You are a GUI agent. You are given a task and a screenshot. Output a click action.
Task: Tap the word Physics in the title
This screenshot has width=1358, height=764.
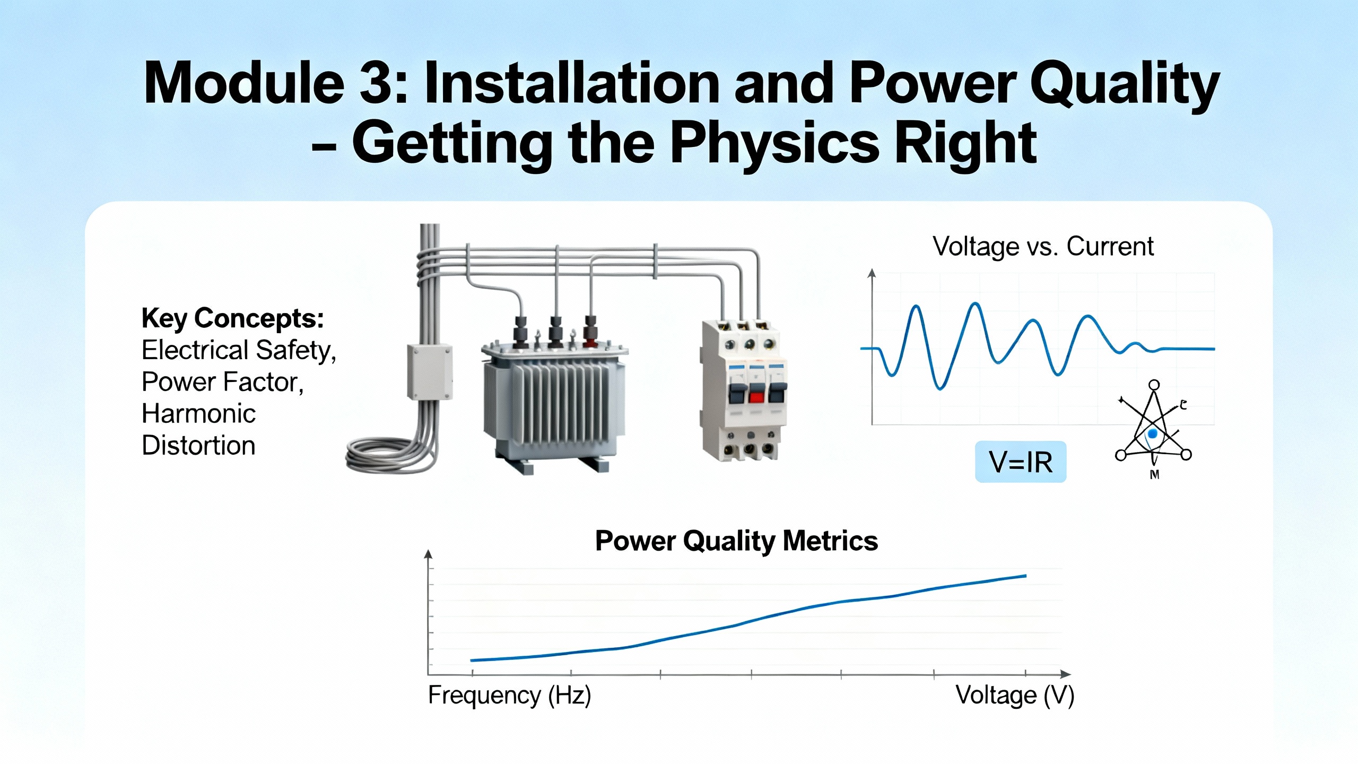(x=775, y=143)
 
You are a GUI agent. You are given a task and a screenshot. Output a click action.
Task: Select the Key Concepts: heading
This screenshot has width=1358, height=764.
(x=232, y=319)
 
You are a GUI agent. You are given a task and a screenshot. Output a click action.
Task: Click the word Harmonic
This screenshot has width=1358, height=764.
(x=198, y=413)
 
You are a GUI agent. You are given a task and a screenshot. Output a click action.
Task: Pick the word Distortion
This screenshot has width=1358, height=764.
(x=198, y=445)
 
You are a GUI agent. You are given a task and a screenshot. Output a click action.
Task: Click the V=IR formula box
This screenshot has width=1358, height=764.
(x=1021, y=462)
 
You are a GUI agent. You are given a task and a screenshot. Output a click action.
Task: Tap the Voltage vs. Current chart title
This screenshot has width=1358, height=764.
(x=1043, y=246)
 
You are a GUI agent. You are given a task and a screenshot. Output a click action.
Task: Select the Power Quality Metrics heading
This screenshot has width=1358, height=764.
(x=736, y=541)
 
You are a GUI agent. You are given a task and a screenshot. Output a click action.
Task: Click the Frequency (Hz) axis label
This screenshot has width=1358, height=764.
(x=509, y=695)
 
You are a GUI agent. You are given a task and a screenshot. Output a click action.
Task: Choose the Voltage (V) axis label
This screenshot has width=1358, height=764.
(x=1015, y=695)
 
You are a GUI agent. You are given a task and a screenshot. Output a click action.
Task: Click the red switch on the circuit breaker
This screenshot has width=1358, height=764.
(x=756, y=397)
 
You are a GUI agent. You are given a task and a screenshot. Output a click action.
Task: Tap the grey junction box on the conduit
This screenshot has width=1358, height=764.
(x=430, y=371)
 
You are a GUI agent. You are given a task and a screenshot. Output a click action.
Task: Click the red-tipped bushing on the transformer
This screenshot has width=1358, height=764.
(x=590, y=332)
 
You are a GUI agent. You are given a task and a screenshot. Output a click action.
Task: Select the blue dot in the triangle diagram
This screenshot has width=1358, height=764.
(x=1152, y=434)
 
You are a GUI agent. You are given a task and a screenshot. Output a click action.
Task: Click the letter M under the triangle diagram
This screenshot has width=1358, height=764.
(x=1154, y=475)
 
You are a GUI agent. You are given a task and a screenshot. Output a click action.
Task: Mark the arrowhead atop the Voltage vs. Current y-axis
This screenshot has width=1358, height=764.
(x=871, y=273)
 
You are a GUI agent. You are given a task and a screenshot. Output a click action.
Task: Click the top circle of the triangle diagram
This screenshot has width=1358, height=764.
(x=1154, y=385)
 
